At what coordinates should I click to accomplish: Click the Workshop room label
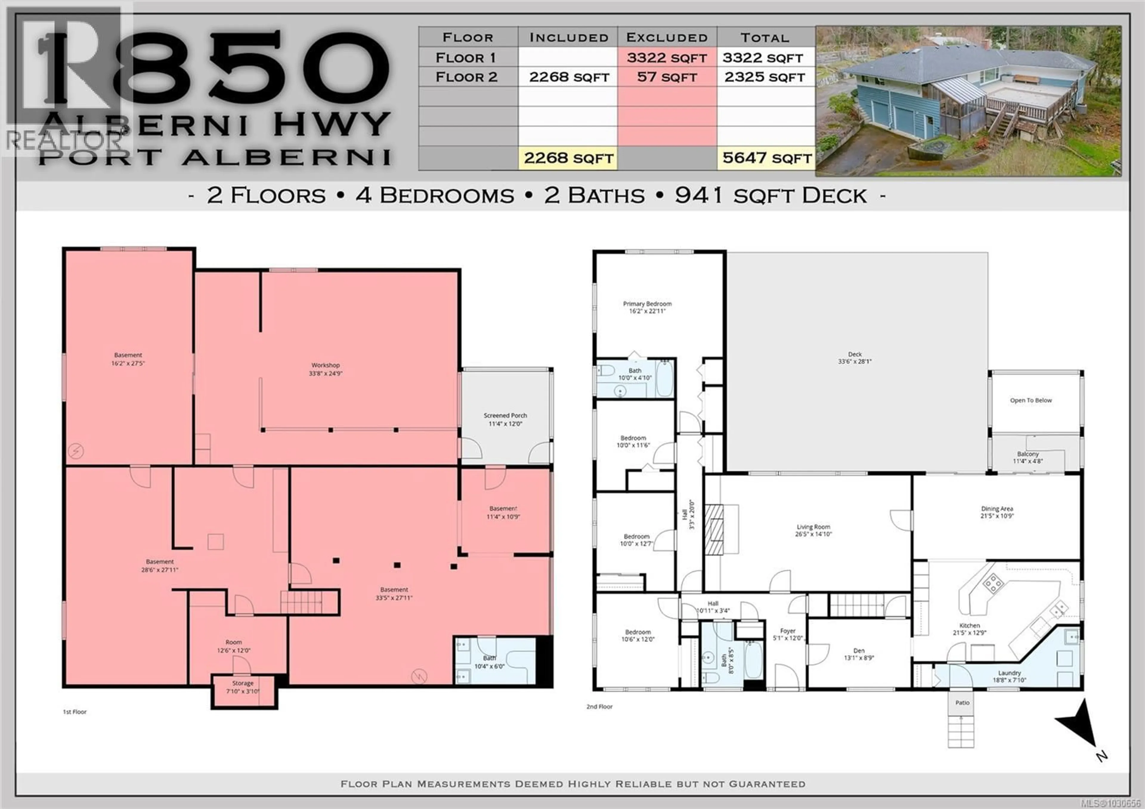325,365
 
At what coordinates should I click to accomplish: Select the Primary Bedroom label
647,303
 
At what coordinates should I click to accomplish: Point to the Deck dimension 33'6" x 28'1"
855,362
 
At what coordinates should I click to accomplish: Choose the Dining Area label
997,509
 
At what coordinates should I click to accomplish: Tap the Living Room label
813,527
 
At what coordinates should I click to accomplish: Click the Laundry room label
1009,673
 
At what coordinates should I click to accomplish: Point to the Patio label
962,703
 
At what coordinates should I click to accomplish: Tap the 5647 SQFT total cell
767,158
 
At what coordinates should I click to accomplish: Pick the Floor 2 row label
466,77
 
